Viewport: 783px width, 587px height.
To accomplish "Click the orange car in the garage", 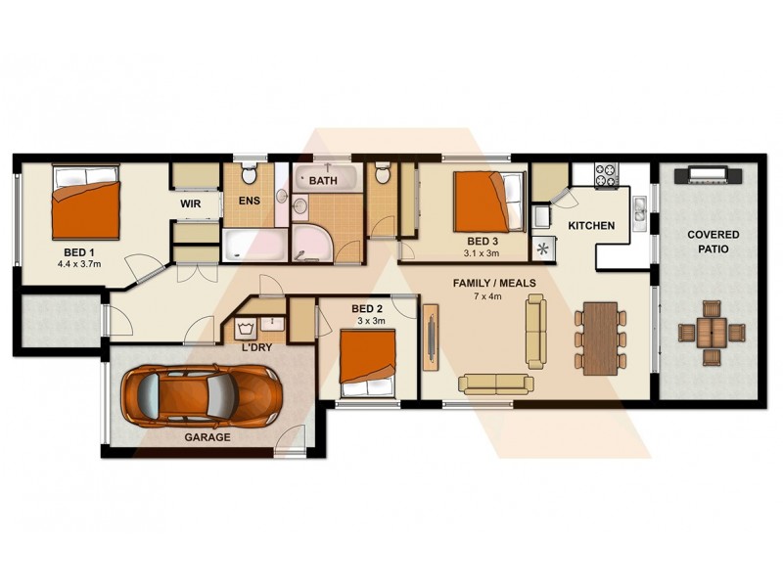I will (202, 394).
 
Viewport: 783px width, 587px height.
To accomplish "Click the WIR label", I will (191, 204).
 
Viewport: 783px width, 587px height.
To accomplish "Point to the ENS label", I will (250, 202).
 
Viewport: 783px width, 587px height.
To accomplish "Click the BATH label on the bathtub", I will (323, 181).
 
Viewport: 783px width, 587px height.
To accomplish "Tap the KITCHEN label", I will (591, 226).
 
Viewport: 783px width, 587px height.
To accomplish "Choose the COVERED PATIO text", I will (713, 242).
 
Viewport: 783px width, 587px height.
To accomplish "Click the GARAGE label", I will (207, 437).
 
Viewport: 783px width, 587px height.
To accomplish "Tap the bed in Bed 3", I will (487, 201).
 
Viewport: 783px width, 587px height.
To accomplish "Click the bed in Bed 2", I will (368, 362).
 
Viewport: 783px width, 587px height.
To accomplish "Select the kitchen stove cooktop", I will (606, 175).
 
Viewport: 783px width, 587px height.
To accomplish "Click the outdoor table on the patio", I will (711, 331).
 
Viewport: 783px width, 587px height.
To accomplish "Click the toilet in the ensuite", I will (249, 176).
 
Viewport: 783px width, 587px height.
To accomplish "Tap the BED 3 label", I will (483, 241).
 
